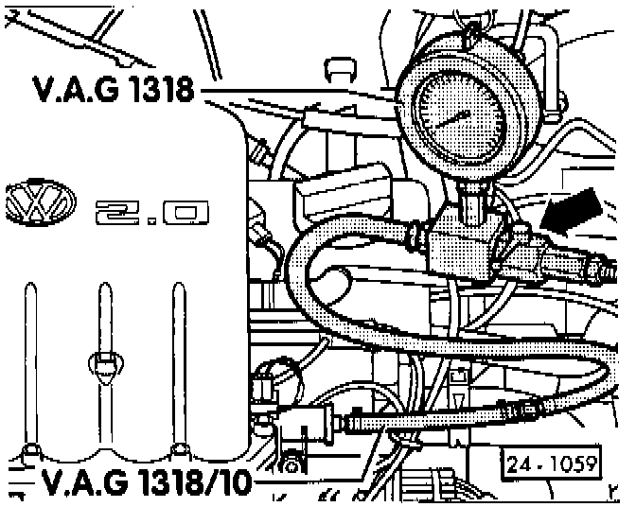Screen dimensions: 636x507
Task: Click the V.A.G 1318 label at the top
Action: [x=113, y=92]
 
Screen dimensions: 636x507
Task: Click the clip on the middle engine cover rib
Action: [x=104, y=360]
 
